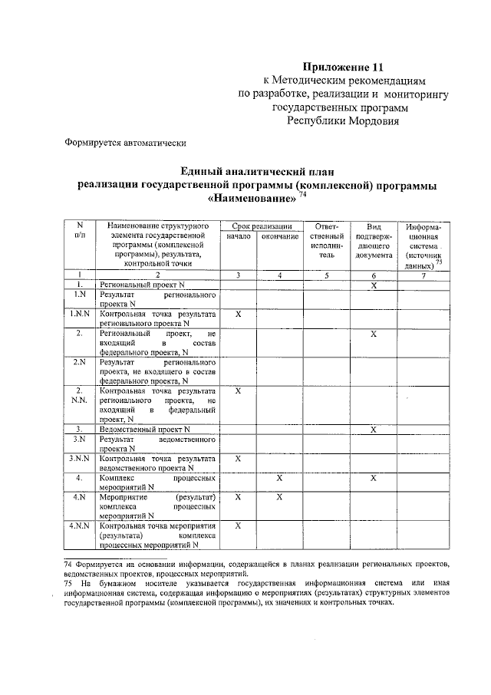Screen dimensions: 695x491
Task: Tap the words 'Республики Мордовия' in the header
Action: [343, 121]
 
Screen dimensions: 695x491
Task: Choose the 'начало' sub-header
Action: [239, 237]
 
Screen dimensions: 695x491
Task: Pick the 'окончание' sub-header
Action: [279, 237]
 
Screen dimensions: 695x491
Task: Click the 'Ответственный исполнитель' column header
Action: [327, 241]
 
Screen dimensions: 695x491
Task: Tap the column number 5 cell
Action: [327, 275]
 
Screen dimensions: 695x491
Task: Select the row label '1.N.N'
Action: [79, 314]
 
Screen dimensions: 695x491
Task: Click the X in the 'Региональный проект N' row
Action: [373, 285]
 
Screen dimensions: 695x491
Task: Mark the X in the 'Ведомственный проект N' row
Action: [373, 429]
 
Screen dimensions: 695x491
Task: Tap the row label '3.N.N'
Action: [79, 458]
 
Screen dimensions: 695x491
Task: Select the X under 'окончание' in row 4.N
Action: [279, 497]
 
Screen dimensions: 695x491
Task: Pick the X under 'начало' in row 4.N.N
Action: [239, 525]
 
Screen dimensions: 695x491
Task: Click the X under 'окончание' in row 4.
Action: [279, 477]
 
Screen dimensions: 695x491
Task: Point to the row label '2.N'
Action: [79, 362]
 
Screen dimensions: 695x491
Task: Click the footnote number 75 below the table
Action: [68, 583]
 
